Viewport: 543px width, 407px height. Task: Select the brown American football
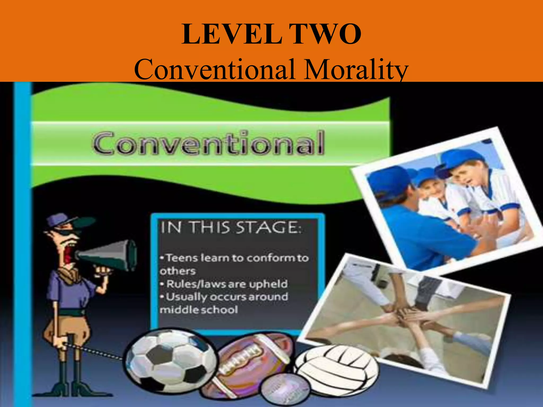252,358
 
